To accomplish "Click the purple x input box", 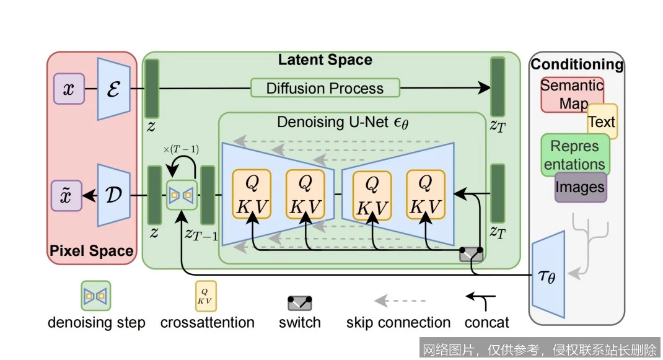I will [69, 89].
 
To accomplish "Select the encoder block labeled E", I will [113, 89].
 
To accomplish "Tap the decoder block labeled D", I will [113, 195].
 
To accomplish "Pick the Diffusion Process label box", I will [325, 88].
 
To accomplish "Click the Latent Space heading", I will [325, 60].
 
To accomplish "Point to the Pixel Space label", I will [91, 251].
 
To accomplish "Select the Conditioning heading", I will [577, 64].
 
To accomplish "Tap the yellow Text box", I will [602, 121].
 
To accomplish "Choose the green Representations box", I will [575, 155].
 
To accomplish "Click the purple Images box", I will [580, 187].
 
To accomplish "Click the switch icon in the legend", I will [300, 304].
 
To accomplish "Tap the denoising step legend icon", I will [96, 296].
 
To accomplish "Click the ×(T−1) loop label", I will [181, 150].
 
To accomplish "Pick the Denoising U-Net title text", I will [343, 122].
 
